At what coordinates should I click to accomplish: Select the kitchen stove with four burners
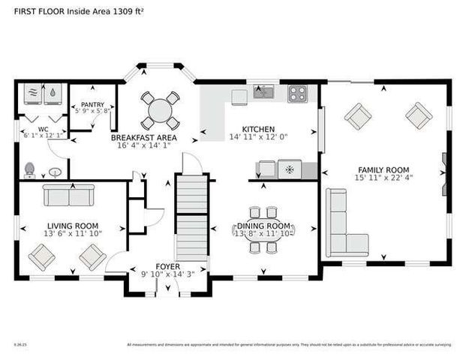(x=297, y=94)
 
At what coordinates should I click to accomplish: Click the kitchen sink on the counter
(x=263, y=92)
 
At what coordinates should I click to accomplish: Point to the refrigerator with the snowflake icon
(x=290, y=169)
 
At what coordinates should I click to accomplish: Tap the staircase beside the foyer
(x=191, y=218)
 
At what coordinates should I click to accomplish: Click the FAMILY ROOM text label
(x=383, y=169)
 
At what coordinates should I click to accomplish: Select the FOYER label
(x=167, y=266)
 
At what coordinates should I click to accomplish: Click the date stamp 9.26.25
(x=20, y=345)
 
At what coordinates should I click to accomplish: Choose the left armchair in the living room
(x=41, y=258)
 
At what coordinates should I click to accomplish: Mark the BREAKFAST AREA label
(x=143, y=138)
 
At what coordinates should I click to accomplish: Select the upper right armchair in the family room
(x=417, y=115)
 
